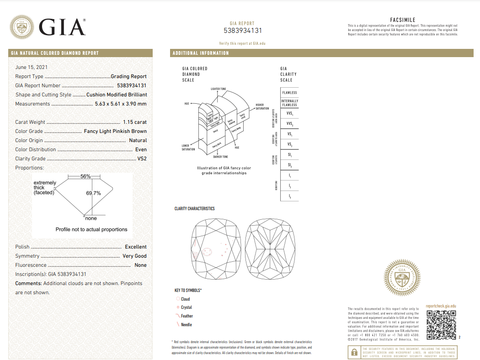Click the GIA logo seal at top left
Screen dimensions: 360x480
click(x=21, y=27)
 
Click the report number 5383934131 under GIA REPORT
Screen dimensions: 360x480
click(x=243, y=31)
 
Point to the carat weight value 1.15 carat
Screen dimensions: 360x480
click(x=135, y=122)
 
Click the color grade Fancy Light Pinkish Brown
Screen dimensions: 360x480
click(x=115, y=131)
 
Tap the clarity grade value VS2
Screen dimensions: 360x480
click(x=142, y=159)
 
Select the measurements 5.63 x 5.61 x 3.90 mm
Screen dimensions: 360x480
click(x=121, y=104)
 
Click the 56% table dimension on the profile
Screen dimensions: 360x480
click(x=85, y=176)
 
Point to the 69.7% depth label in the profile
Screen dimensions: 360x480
click(x=93, y=193)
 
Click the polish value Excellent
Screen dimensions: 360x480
click(x=136, y=247)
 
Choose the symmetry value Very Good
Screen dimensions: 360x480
click(x=134, y=256)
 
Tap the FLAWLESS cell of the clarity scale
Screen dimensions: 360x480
click(x=289, y=93)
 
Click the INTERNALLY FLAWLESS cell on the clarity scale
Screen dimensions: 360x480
click(x=289, y=103)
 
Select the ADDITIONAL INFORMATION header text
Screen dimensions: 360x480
click(x=201, y=53)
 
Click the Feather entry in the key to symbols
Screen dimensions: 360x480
click(x=187, y=316)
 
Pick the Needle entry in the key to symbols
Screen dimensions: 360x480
click(x=186, y=325)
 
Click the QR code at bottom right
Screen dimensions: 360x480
click(x=441, y=325)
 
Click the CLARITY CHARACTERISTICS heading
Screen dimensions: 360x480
click(x=194, y=209)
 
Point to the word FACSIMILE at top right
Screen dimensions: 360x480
click(x=403, y=20)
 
